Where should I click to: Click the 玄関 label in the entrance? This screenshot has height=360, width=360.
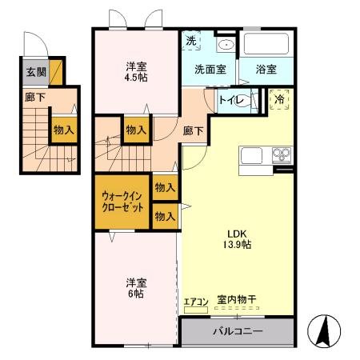[36, 72]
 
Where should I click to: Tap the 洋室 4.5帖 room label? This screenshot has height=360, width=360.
[136, 71]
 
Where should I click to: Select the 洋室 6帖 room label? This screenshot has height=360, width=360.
[135, 287]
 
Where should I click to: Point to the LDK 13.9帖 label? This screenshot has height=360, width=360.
[238, 239]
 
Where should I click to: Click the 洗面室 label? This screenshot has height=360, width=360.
[210, 70]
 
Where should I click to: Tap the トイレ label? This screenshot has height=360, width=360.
[232, 101]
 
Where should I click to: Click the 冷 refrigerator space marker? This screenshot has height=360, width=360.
[280, 99]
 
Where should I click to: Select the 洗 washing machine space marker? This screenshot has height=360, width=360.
[191, 41]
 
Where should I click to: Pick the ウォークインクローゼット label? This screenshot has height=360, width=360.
[123, 201]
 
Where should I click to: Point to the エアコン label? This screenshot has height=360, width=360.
[196, 302]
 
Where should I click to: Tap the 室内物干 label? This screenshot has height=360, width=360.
[237, 302]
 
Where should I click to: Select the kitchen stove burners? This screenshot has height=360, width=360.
[282, 154]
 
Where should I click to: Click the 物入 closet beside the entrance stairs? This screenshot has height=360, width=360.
[63, 130]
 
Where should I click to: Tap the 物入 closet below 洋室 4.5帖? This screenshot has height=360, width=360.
[135, 130]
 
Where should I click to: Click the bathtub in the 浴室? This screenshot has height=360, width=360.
[266, 45]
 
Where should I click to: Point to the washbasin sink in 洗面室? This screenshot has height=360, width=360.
[226, 44]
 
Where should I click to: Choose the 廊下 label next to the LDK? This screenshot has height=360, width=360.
[193, 130]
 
